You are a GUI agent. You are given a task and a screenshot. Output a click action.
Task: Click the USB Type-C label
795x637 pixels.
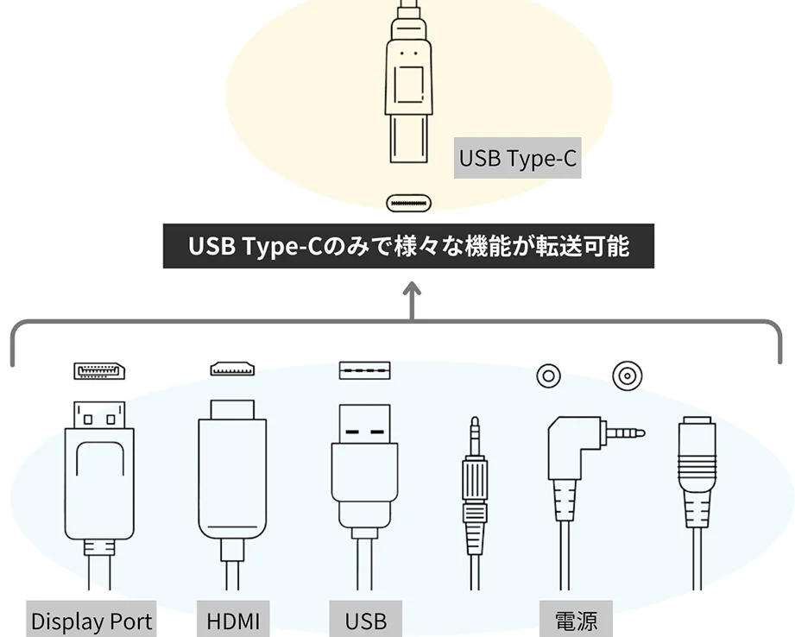click(517, 159)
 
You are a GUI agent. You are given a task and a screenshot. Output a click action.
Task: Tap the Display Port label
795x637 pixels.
click(91, 621)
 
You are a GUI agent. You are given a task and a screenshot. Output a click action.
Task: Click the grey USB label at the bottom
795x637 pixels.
click(366, 621)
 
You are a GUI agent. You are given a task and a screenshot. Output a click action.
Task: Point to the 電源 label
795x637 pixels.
click(576, 621)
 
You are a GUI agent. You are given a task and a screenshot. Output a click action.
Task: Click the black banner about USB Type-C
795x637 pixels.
click(408, 247)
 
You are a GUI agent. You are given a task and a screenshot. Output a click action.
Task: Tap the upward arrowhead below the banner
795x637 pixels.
click(413, 289)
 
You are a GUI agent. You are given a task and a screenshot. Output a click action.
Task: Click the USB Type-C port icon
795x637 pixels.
click(408, 204)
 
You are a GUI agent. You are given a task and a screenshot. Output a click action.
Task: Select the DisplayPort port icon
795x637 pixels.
click(99, 371)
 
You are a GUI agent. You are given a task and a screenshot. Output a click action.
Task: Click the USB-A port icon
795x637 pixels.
click(364, 370)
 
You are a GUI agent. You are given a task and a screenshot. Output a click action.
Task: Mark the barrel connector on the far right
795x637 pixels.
click(697, 475)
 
